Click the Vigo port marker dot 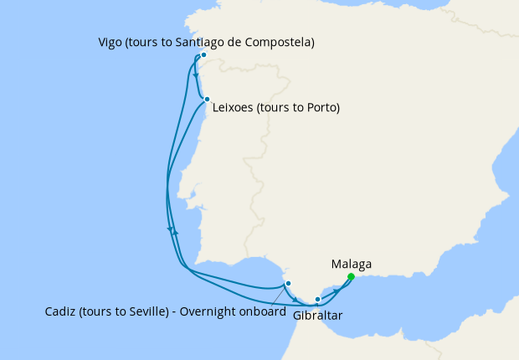coord(203,57)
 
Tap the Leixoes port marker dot coord(207,99)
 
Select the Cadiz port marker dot coord(288,283)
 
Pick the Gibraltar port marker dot coord(317,299)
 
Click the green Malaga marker coord(351,276)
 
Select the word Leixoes coord(234,108)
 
